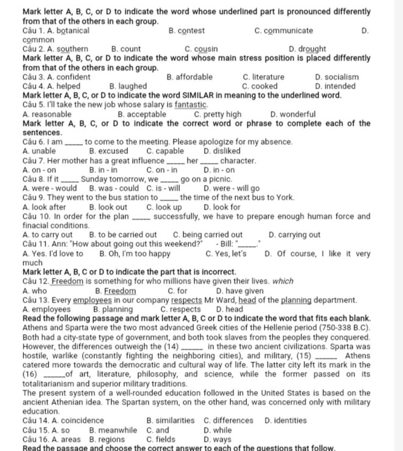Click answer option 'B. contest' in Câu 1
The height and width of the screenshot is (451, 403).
[x=186, y=30]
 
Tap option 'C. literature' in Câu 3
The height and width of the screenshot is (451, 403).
[x=263, y=77]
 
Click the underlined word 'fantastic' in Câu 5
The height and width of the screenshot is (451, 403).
[x=190, y=105]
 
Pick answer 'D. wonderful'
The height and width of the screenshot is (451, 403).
[x=293, y=115]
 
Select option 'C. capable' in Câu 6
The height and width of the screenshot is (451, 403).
[x=165, y=151]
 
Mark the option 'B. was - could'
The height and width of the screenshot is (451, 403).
[x=114, y=188]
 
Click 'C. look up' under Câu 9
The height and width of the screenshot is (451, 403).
[x=164, y=207]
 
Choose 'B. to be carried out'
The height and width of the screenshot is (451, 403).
[x=123, y=235]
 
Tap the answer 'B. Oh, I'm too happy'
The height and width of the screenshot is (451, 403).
[x=135, y=254]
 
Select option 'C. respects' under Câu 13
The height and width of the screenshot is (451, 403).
[x=181, y=310]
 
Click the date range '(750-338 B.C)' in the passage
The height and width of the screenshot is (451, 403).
[x=345, y=328]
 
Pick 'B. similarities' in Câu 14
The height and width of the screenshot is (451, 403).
[x=170, y=421]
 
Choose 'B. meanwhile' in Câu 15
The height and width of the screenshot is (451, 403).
[x=113, y=430]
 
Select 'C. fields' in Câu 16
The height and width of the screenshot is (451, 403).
[x=161, y=440]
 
